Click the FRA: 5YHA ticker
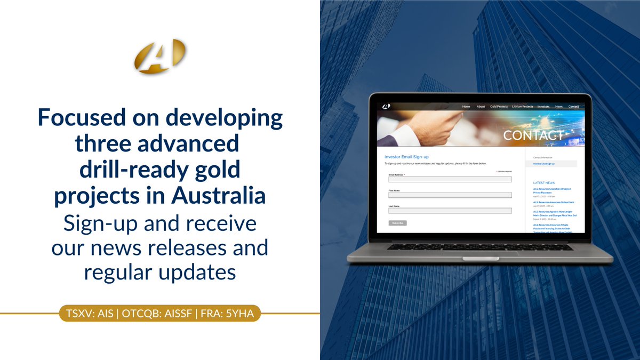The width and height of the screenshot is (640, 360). [226, 313]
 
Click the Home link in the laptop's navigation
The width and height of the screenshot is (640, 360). [466, 107]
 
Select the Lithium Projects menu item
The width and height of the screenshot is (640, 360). [522, 107]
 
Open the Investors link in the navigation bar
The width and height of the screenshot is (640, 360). [543, 107]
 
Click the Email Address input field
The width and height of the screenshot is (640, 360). [450, 180]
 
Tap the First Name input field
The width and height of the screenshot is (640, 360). [450, 195]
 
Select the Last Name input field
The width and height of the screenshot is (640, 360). [450, 211]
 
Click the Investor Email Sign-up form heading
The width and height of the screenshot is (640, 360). [406, 157]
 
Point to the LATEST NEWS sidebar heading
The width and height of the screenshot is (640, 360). [543, 183]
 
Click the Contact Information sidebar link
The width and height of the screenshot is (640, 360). [543, 157]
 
